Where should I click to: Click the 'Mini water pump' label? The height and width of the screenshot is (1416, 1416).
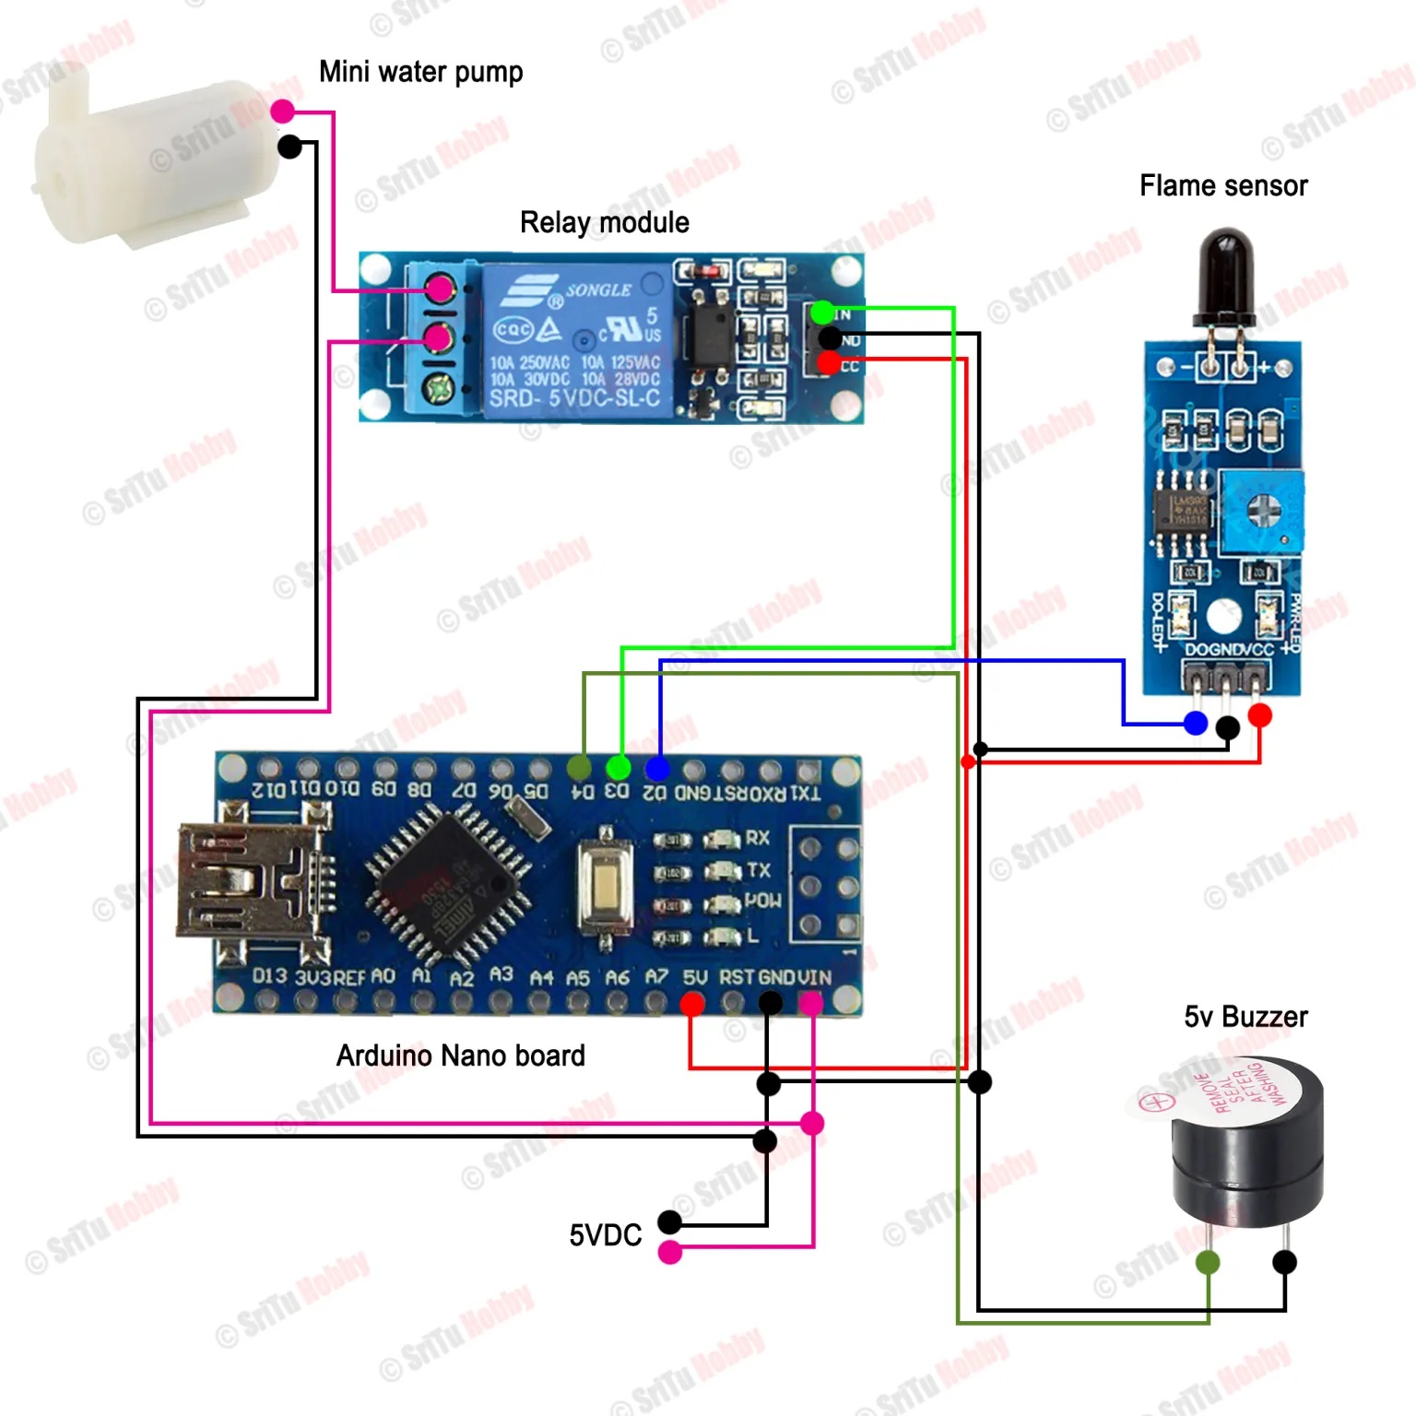(x=420, y=72)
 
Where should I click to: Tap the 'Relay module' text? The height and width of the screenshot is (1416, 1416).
(x=604, y=222)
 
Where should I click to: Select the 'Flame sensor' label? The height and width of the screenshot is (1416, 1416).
(x=1222, y=185)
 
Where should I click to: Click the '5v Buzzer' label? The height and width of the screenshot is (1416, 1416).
(x=1245, y=1016)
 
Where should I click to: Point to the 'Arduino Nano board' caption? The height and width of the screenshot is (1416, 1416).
(x=460, y=1055)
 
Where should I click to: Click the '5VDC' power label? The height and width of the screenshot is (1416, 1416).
(x=605, y=1234)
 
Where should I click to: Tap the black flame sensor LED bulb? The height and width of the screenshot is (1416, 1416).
(x=1224, y=272)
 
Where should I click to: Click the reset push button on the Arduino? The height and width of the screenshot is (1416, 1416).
(x=605, y=886)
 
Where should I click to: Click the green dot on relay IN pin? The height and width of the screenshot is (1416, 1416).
(x=821, y=312)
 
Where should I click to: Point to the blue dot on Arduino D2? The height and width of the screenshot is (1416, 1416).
(x=656, y=767)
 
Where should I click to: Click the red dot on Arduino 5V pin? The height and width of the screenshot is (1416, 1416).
(x=691, y=1004)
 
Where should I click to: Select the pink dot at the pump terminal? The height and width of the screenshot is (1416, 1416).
(x=282, y=112)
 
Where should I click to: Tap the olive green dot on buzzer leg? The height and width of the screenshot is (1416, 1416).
(x=1207, y=1262)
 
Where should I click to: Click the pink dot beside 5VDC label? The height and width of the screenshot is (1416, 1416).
(x=670, y=1252)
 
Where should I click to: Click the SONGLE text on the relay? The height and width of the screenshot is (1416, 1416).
(x=598, y=289)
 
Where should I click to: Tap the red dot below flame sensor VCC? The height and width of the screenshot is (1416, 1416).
(x=1259, y=714)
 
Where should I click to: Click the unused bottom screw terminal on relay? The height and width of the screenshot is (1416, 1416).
(x=439, y=387)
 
